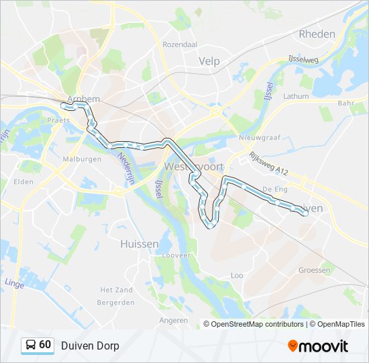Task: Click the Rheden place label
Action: pos(317,34)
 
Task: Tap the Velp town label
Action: pos(209,61)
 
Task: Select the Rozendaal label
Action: pos(179,44)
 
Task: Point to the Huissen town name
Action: pos(139,243)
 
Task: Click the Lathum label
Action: pos(296,96)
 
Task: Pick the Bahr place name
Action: pos(346,103)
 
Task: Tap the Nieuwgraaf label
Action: pos(253,138)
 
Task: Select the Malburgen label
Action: pos(82,159)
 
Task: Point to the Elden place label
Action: pos(23,181)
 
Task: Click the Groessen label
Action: pos(315,270)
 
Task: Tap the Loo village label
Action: pos(237,275)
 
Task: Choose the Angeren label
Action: pos(174,320)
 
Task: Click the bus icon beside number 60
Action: pos(31,346)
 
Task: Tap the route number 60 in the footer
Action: pos(45,345)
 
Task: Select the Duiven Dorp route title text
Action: pos(90,346)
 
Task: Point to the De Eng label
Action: pos(275,190)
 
